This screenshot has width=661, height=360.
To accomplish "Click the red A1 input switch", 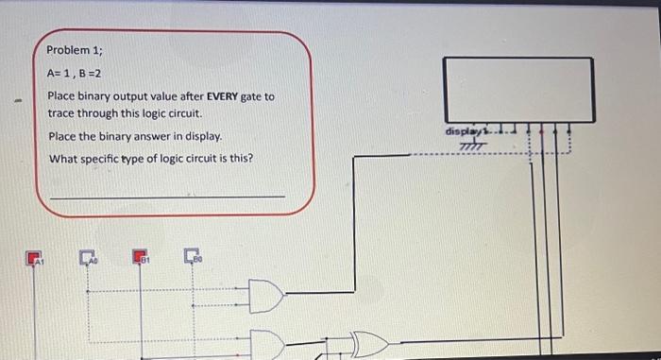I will point(35,257).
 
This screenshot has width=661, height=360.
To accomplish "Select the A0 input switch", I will point(88,256).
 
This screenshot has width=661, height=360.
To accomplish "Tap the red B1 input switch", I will point(140,256).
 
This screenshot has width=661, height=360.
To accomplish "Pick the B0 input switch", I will point(194,256).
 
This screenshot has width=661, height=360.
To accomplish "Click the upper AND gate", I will point(266,298).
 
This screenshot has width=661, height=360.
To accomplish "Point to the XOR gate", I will point(368,344).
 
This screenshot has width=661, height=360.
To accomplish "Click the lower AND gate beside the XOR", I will point(267,344).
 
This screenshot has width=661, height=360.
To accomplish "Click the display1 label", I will point(466,131).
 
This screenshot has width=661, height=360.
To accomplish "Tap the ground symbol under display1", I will point(469,144).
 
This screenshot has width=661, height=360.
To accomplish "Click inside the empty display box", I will point(519,90).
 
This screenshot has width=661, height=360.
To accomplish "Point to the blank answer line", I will point(166,196).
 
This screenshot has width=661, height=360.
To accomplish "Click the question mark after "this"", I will point(249,158).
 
